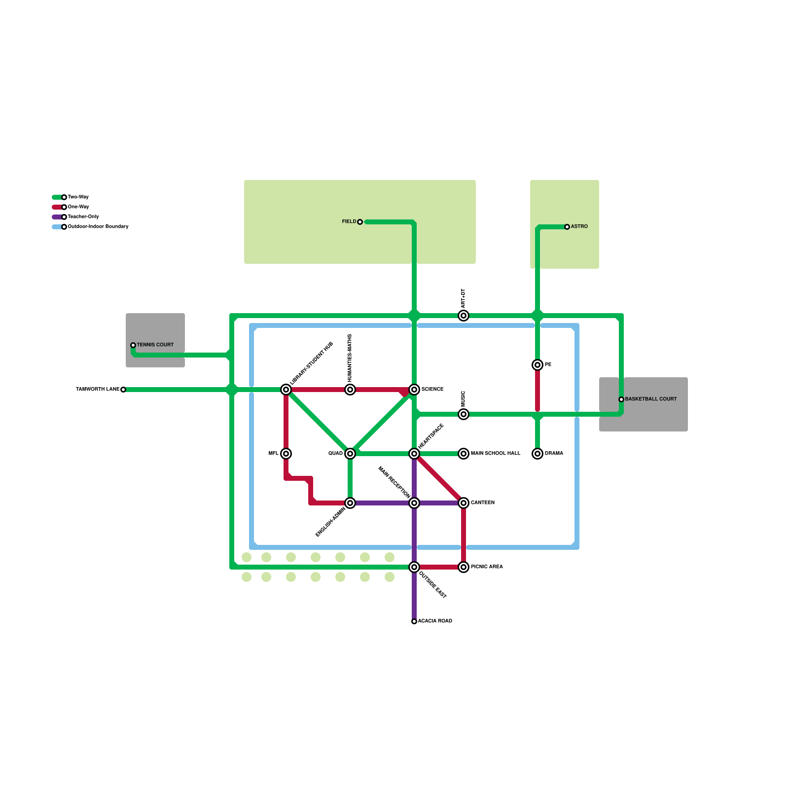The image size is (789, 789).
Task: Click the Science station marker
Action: (x=414, y=390)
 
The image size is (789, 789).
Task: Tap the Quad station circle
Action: (x=350, y=454)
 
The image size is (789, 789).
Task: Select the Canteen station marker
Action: (x=464, y=503)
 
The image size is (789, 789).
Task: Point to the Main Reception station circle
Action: (x=414, y=503)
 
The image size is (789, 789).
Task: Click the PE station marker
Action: (x=538, y=365)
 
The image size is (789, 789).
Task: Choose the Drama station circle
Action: (x=538, y=454)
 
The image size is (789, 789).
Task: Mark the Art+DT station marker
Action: (x=464, y=316)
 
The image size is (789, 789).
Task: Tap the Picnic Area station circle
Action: (x=464, y=567)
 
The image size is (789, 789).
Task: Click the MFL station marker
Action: (x=286, y=454)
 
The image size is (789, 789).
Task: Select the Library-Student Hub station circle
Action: (x=286, y=390)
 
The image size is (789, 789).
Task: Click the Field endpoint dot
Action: (x=360, y=222)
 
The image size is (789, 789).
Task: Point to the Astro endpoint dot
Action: (x=567, y=227)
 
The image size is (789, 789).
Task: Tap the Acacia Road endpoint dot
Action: (x=414, y=621)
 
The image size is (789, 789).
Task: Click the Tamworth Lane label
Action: (x=98, y=390)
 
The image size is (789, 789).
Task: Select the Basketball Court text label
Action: (x=651, y=399)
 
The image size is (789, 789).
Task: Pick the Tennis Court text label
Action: (x=155, y=345)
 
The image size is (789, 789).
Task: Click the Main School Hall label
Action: (x=496, y=453)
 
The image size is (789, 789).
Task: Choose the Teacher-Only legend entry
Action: (x=83, y=217)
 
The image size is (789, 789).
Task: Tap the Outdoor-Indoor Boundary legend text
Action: (x=98, y=227)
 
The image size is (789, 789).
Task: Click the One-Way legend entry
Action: (x=78, y=207)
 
